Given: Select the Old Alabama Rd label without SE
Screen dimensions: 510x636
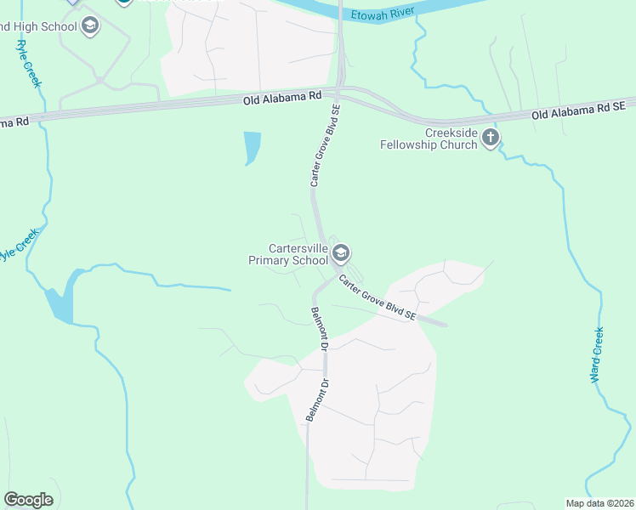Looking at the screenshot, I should click(279, 99).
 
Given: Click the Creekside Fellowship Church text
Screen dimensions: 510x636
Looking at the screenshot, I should click(428, 139).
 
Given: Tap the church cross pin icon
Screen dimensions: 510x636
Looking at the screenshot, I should click(490, 138).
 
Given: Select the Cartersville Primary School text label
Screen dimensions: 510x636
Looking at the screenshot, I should click(287, 254).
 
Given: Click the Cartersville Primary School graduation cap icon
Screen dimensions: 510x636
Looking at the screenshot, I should click(341, 252).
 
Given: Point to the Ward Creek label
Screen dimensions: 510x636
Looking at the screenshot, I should click(598, 355).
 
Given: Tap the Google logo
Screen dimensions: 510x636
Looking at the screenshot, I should click(29, 500).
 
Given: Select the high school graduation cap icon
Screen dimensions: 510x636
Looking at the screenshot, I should click(89, 26).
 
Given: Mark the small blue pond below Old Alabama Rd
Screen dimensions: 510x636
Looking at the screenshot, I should click(252, 147).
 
